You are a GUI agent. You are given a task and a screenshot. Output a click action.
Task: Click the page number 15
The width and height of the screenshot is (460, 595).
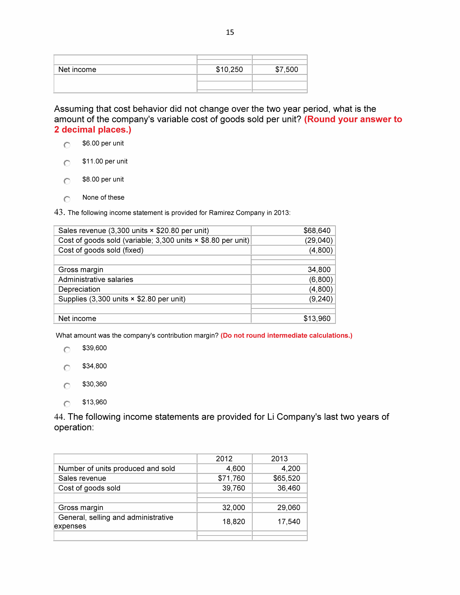230,32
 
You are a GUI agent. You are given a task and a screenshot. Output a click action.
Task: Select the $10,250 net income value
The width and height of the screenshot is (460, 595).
229,69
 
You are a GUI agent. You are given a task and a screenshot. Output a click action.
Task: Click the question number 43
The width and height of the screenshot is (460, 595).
59,212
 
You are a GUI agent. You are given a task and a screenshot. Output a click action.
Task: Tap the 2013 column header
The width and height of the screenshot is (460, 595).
279,459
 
